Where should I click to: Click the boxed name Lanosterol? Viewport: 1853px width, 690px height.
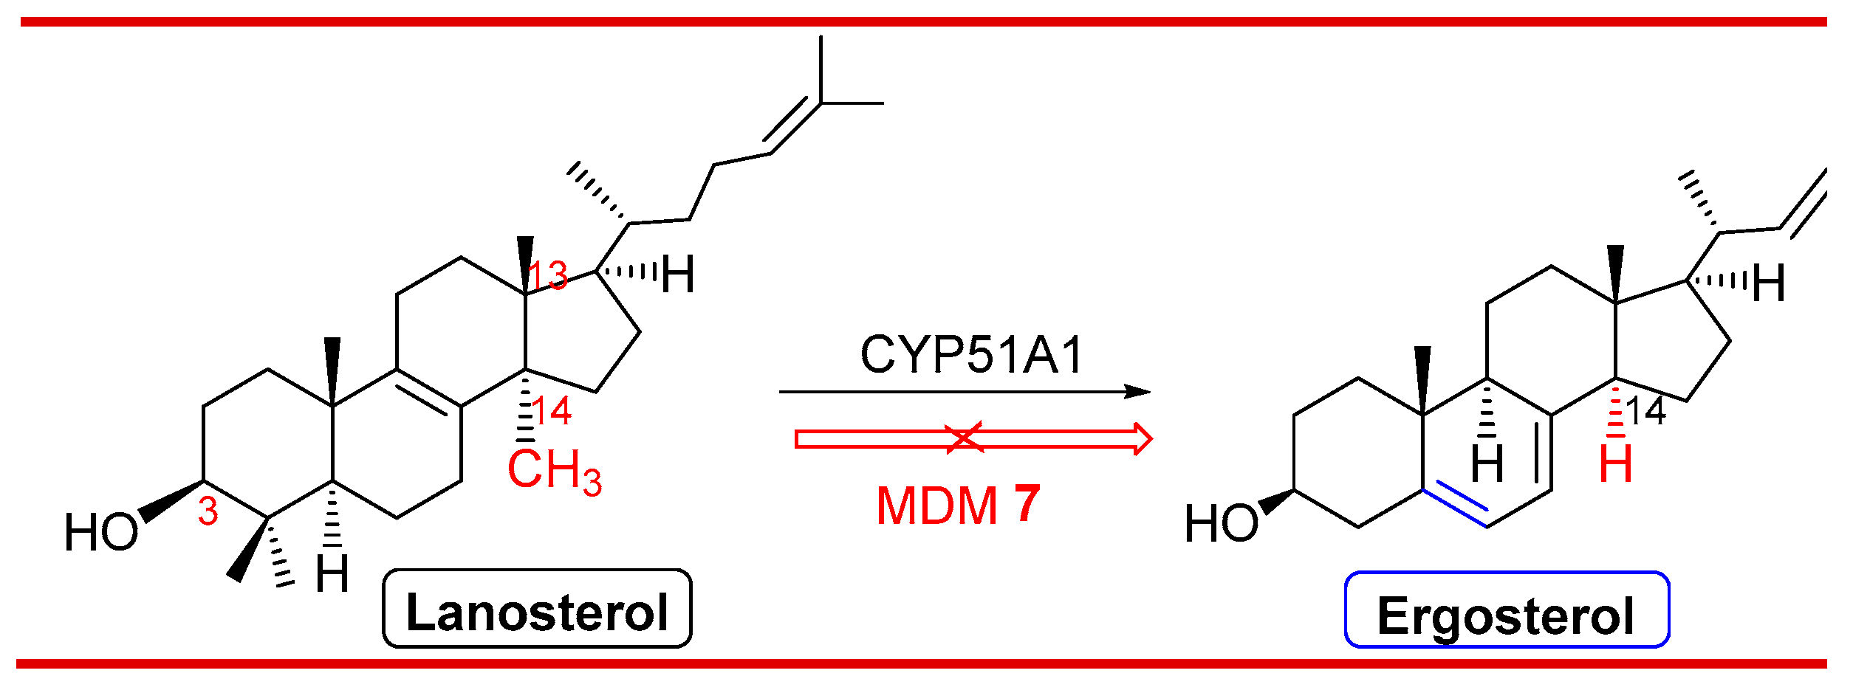[537, 612]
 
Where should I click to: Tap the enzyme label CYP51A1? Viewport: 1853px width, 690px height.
[971, 356]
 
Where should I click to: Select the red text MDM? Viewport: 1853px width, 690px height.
[936, 507]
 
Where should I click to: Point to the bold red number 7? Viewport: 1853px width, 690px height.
[1027, 504]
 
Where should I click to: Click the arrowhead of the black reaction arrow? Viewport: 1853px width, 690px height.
[1137, 392]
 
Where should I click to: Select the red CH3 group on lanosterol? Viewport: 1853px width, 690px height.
[554, 470]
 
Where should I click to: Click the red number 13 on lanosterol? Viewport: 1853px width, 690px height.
[548, 277]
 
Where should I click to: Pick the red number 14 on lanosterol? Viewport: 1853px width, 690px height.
[551, 411]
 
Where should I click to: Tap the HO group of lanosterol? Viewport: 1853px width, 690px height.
[101, 533]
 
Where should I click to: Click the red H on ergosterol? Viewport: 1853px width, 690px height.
[1615, 464]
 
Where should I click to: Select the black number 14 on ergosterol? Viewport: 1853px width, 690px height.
[1646, 412]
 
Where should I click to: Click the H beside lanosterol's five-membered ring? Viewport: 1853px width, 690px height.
[677, 276]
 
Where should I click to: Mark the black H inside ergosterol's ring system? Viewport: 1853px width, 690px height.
[1487, 464]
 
